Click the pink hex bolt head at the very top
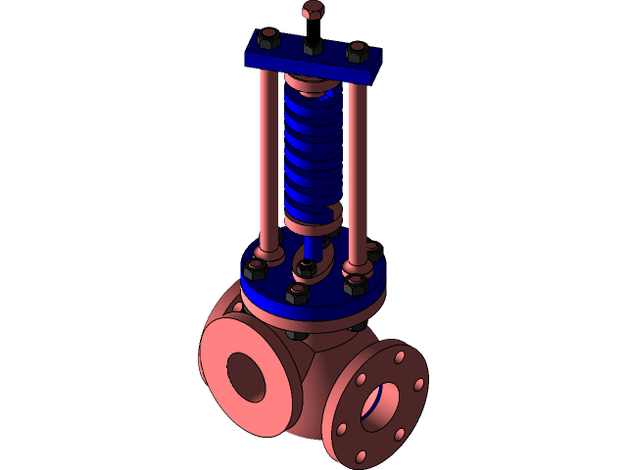click(x=313, y=11)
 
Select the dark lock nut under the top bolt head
click(x=313, y=45)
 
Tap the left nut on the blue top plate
click(x=267, y=41)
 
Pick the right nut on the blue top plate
click(x=358, y=52)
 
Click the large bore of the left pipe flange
click(x=245, y=375)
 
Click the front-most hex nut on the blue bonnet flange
click(x=298, y=293)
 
